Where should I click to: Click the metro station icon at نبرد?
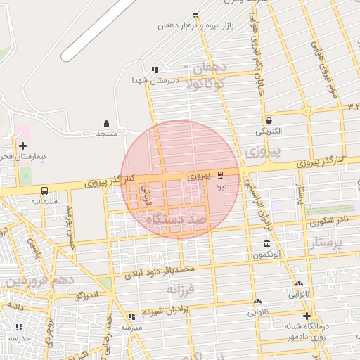coord(221,174)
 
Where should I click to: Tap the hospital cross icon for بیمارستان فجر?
coord(23,145)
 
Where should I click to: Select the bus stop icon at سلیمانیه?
coord(45,190)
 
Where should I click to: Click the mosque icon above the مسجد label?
coord(107,123)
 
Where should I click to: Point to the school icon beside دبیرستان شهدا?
coord(154,70)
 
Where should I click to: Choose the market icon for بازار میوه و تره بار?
coord(195,15)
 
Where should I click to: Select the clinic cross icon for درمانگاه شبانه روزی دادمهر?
coord(306,316)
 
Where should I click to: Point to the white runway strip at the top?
coord(98,28)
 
